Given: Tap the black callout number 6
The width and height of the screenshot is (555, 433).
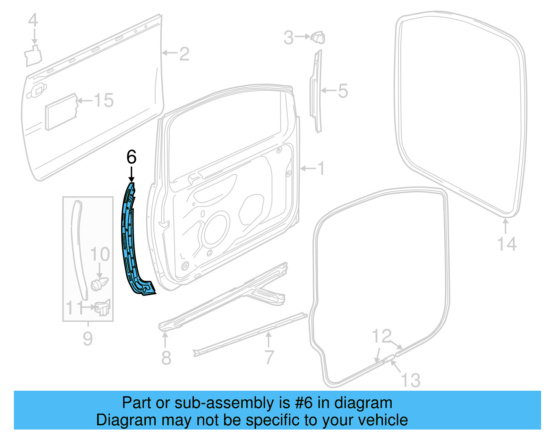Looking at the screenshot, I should click(131, 157).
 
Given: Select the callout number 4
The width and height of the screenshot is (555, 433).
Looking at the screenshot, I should click(33, 20).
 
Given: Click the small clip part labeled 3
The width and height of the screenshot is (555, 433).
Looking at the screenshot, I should click(318, 37).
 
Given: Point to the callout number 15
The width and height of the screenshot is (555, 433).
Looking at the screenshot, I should click(104, 101).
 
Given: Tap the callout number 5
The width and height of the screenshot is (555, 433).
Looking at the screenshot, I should click(343, 91).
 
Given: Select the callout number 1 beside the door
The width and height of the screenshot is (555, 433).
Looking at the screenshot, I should click(322, 168).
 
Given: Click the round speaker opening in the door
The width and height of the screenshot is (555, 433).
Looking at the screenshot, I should click(217, 231).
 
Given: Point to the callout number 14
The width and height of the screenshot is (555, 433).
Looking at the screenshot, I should click(507, 244).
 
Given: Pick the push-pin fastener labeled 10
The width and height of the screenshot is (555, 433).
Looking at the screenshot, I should click(99, 284).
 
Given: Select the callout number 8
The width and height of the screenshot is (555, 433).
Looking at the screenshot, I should click(166, 357).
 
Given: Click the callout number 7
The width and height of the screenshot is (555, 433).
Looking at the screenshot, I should click(269, 357).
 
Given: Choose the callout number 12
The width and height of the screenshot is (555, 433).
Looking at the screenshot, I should click(382, 336).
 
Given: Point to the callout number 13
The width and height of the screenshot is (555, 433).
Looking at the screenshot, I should click(411, 380).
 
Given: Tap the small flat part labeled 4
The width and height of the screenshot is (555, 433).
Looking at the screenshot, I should click(33, 55).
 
